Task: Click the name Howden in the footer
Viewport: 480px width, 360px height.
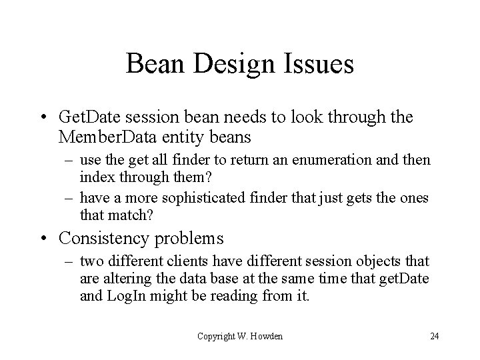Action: coord(267,336)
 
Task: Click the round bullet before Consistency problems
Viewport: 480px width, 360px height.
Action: coord(50,238)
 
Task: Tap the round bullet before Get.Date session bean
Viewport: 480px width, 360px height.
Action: coord(50,119)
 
